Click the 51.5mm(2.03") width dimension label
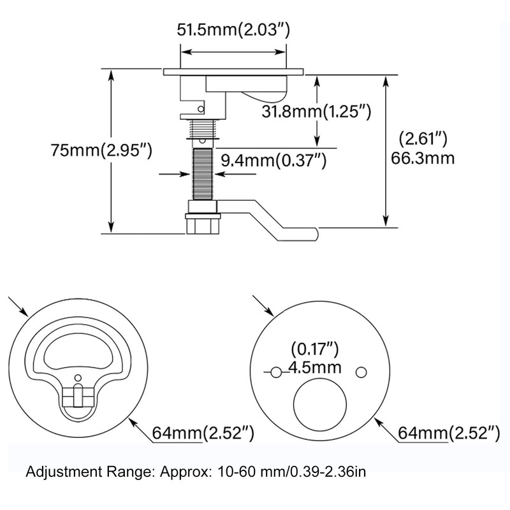point(233,30)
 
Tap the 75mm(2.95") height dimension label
point(101,150)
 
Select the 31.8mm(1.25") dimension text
point(316,112)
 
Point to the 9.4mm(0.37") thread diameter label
point(273,161)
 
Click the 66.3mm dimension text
point(422,158)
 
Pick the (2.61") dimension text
point(423,139)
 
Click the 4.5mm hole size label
point(315,368)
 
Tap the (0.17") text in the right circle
point(314,349)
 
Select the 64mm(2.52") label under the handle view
point(203,433)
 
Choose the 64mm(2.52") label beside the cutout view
point(449,433)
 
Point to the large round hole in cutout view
point(320,405)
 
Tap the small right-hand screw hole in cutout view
point(361,372)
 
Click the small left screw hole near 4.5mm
point(276,372)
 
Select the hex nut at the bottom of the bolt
point(203,224)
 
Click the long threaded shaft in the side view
point(202,174)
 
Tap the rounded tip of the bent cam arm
point(316,234)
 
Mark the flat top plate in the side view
point(233,72)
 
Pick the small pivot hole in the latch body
point(201,109)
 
